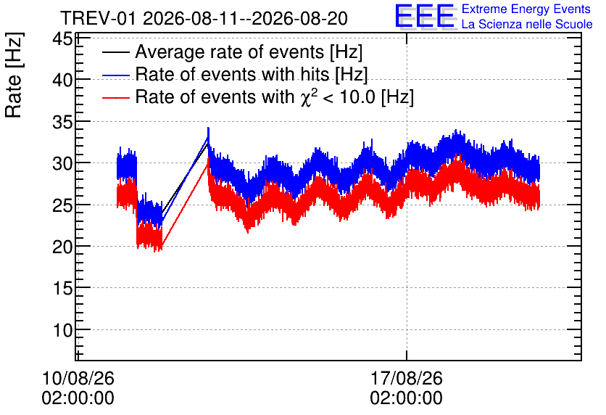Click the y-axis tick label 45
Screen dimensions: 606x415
[x=62, y=38]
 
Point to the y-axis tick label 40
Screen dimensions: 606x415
[x=62, y=80]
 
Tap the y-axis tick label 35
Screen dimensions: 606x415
[x=62, y=121]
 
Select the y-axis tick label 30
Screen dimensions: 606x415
[x=62, y=163]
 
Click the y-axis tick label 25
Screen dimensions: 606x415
[x=62, y=205]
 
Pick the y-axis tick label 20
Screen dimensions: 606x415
[x=62, y=247]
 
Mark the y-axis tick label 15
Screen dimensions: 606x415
[x=62, y=288]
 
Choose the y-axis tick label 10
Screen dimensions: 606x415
[x=62, y=330]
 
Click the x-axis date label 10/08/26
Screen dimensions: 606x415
[x=78, y=378]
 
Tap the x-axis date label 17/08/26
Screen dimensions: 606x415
[x=406, y=378]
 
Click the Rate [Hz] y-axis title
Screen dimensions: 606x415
[x=14, y=75]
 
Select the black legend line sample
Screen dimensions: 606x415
[x=116, y=52]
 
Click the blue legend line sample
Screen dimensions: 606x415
[x=116, y=75]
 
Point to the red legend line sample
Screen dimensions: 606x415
[x=116, y=97]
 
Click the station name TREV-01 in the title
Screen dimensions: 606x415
[x=99, y=19]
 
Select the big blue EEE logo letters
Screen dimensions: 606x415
[x=425, y=16]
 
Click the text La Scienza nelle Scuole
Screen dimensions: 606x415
[x=527, y=25]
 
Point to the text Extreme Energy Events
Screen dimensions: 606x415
[x=526, y=9]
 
